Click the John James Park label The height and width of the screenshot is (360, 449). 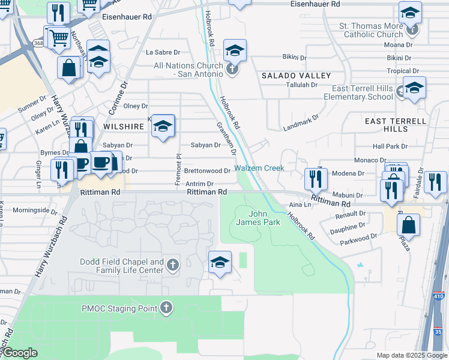[x=265, y=218]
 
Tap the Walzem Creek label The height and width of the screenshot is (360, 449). [x=259, y=169]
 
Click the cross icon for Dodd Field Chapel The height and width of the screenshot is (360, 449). [x=173, y=265]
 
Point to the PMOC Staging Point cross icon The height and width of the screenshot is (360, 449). [x=166, y=308]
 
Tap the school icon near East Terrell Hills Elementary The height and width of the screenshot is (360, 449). [x=414, y=88]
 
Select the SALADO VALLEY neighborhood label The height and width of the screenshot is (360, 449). [x=296, y=76]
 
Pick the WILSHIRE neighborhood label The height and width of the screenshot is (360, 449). [x=124, y=127]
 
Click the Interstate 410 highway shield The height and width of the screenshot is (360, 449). [x=439, y=296]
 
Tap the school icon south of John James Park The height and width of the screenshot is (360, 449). [x=220, y=262]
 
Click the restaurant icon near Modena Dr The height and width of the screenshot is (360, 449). [x=315, y=178]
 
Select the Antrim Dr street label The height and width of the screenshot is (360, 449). [x=199, y=184]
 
